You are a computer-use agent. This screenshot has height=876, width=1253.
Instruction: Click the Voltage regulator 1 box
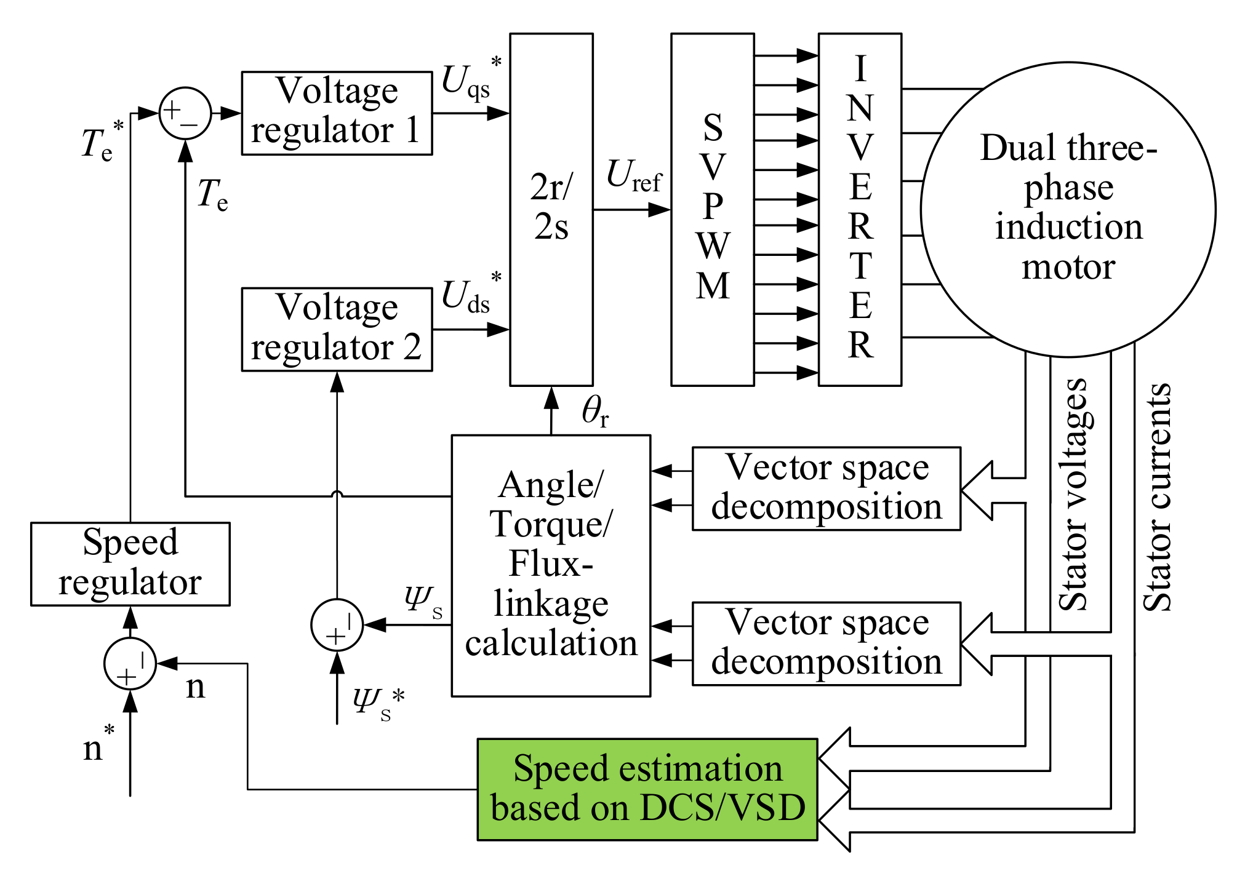tap(337, 113)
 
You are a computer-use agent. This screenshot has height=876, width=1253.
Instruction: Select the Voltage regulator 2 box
tap(337, 329)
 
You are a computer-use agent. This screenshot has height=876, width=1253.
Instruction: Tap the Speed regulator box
tap(130, 564)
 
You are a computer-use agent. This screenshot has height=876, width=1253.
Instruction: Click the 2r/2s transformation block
tap(551, 209)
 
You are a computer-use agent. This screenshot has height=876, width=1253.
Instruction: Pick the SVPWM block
tap(712, 209)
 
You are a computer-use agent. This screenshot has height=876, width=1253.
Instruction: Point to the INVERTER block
tap(860, 209)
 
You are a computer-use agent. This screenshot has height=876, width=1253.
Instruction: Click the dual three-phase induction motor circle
tap(1068, 209)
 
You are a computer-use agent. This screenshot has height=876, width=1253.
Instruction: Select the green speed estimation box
tap(647, 789)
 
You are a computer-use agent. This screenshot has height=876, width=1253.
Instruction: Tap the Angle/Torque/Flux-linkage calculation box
tap(551, 565)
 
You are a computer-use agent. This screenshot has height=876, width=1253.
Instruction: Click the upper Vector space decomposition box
tap(826, 488)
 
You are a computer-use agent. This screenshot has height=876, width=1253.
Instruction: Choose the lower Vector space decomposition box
tap(826, 643)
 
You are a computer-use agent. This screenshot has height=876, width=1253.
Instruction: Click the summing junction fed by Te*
tap(185, 113)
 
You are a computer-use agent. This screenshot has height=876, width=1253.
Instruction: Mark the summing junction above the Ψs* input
tap(337, 625)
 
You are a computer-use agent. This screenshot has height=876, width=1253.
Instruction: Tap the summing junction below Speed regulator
tap(130, 664)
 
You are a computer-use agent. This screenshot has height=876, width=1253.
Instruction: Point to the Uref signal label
tap(634, 177)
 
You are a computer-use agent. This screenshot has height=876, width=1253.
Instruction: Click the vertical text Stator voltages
tap(1073, 495)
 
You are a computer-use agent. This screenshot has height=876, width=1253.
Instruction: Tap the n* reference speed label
tap(97, 746)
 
